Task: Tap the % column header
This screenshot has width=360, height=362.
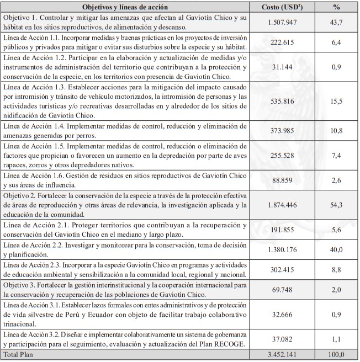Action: (336, 7)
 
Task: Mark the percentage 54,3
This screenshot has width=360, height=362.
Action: (336, 205)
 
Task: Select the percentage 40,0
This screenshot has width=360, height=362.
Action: (336, 249)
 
